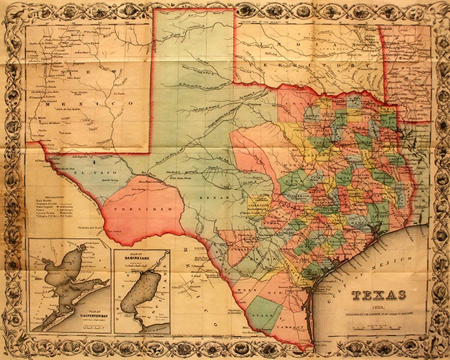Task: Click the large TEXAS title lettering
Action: pyautogui.click(x=379, y=294)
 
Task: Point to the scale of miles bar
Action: pyautogui.click(x=379, y=328)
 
